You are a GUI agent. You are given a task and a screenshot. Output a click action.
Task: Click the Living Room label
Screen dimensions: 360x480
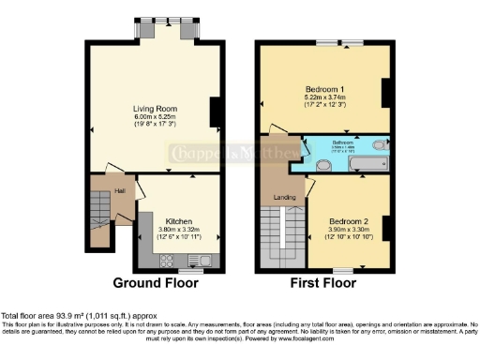pyautogui.click(x=155, y=109)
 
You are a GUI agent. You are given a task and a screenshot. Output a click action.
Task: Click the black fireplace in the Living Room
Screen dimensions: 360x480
pyautogui.click(x=215, y=112)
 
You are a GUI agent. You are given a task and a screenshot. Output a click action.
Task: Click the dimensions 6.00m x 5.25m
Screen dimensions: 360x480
pyautogui.click(x=155, y=118)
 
